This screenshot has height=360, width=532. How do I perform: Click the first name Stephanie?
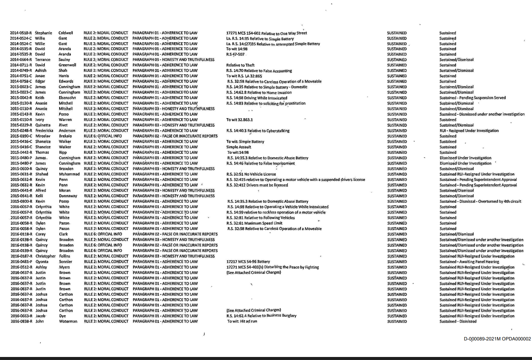(43, 33)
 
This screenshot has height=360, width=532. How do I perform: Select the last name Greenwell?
(67, 65)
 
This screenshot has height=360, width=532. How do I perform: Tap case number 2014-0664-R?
(21, 60)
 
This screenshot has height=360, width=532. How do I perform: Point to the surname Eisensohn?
(67, 98)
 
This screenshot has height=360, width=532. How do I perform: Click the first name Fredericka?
(44, 131)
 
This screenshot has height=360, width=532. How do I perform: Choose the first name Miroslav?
(43, 136)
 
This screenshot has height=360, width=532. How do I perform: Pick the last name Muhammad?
(69, 174)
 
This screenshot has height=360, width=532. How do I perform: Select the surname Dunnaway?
(68, 196)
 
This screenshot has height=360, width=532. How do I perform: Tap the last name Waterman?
(68, 322)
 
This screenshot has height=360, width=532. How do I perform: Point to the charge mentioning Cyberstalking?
(258, 131)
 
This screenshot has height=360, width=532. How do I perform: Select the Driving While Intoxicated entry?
(257, 98)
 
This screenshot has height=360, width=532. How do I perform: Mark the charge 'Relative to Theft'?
(240, 65)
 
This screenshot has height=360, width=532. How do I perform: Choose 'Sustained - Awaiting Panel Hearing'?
(469, 262)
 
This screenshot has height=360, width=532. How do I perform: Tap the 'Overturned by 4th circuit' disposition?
(480, 201)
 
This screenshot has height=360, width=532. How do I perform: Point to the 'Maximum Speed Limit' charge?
(254, 223)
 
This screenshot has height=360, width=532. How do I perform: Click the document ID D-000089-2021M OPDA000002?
(497, 339)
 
